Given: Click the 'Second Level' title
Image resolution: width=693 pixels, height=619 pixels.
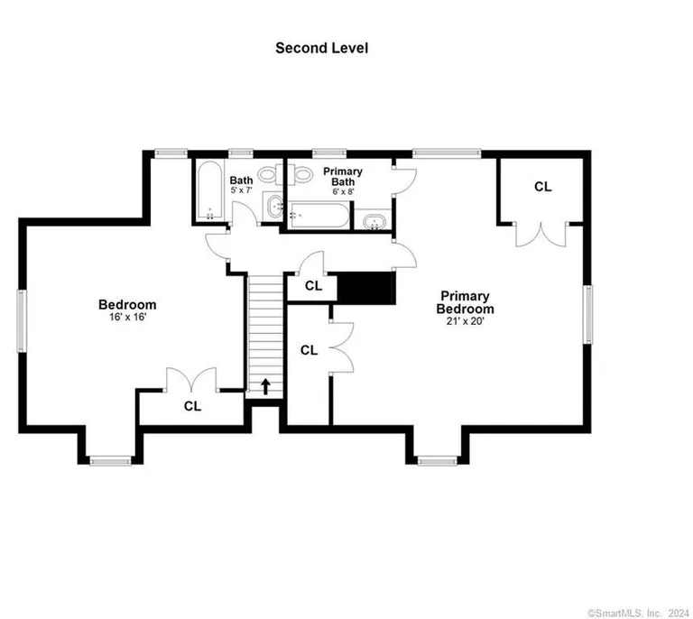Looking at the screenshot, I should pos(321,48).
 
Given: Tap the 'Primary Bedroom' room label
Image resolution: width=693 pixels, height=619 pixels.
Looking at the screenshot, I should pos(466,301).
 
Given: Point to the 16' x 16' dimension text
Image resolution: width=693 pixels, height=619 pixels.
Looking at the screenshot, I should pos(127,318).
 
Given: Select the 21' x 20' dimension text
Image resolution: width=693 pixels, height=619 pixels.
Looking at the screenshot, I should pos(466,321).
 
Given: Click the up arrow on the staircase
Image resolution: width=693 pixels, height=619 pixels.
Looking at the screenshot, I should pos(266,386).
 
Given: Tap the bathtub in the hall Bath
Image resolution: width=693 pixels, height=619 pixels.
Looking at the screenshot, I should pos(208,190).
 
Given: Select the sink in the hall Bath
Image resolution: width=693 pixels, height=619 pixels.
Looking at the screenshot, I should pos(273,207).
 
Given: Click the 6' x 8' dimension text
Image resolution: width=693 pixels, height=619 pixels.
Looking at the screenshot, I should pos(343,191).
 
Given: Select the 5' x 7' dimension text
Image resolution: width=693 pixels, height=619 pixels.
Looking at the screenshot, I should pos(241,191).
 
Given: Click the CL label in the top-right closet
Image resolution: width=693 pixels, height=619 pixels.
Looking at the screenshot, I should pos(542,187).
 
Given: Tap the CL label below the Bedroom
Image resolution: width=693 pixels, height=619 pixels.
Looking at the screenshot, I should pos(192,406).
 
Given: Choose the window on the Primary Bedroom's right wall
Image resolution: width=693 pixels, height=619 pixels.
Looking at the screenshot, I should pos(588,314).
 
